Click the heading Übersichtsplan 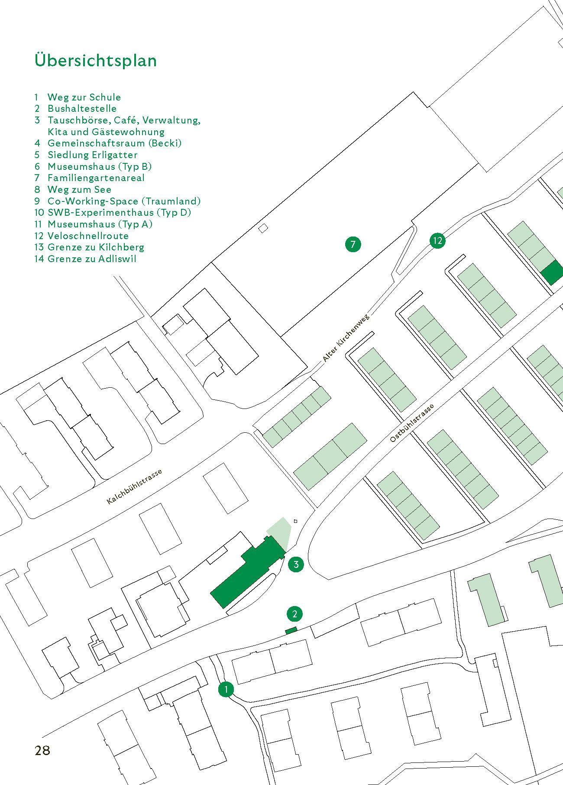point(96,60)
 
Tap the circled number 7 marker point(353,244)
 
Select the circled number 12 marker point(437,240)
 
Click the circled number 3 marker point(296,564)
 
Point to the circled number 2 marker point(294,613)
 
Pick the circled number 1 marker point(226,689)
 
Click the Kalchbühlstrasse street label point(134,487)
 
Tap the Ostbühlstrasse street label point(411,423)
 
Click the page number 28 point(42,750)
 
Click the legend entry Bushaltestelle point(82,108)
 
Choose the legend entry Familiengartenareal point(96,178)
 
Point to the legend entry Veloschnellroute point(88,236)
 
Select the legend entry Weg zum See point(79,189)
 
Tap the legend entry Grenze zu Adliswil point(92,259)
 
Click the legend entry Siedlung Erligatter point(92,155)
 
